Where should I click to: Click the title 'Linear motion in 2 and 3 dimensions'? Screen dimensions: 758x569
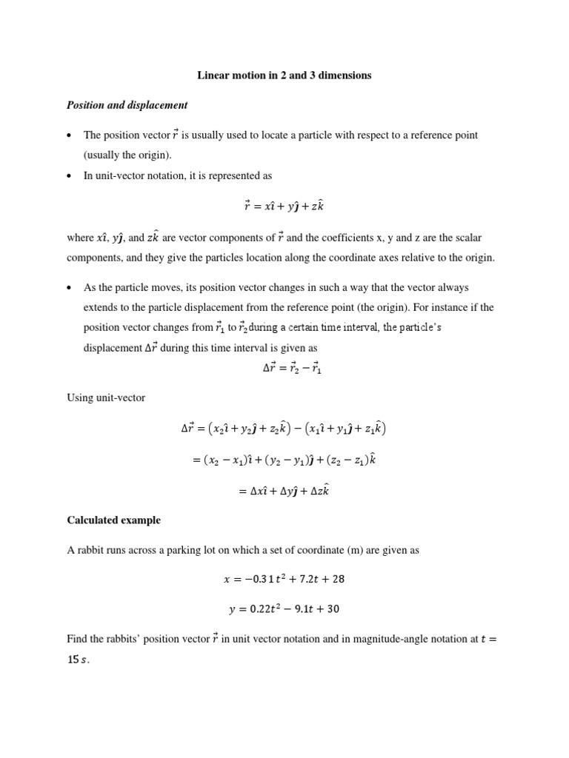[284, 76]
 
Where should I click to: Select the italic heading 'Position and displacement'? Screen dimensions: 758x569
[127, 105]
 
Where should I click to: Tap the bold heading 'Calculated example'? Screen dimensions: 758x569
[113, 520]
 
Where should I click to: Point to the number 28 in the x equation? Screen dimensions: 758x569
[339, 580]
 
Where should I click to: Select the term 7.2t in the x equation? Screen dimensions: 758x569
[305, 580]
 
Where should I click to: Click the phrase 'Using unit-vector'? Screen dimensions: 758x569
[106, 398]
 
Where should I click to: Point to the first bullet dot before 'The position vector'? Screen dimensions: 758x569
[69, 135]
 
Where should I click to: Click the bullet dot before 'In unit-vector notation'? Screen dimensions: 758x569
[69, 176]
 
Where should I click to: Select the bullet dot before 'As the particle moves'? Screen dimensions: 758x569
[69, 287]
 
